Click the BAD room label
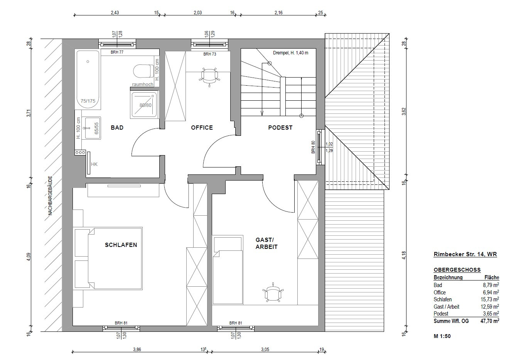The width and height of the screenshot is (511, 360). click(x=117, y=128)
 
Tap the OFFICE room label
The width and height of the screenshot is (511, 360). click(x=202, y=128)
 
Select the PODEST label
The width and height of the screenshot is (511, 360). click(x=280, y=128)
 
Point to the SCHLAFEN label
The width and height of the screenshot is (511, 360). click(x=121, y=245)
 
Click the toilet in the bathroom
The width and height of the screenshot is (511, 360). click(x=143, y=71)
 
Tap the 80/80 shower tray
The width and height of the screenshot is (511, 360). click(x=144, y=105)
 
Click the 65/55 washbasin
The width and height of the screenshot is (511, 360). click(x=91, y=128)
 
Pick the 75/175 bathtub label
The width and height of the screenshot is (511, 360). click(x=88, y=101)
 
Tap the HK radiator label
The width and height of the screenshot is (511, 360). click(x=94, y=164)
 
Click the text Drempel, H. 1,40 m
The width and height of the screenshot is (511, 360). click(x=291, y=53)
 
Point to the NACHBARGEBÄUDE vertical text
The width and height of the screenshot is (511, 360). click(x=51, y=195)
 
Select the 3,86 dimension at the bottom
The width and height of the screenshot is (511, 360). click(x=137, y=350)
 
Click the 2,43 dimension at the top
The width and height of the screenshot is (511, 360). click(x=115, y=13)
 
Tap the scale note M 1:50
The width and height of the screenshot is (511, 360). click(x=442, y=336)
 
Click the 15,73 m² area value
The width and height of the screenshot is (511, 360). click(x=490, y=299)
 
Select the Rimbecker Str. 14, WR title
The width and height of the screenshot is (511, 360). click(x=465, y=254)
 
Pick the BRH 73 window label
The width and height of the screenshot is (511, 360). click(x=210, y=54)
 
